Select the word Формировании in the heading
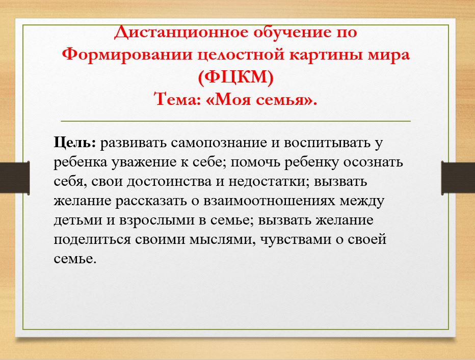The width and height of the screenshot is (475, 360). pos(127,55)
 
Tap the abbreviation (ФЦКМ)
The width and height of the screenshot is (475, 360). pos(236,77)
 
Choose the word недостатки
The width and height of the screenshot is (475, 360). pos(269,182)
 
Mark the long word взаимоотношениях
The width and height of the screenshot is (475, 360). pos(269,201)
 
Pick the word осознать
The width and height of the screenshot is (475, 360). pos(373,162)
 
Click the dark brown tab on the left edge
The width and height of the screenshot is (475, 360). pos(15,178)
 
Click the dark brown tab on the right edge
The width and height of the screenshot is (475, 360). pos(458,178)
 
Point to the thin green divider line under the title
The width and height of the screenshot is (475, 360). pos(235,121)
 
